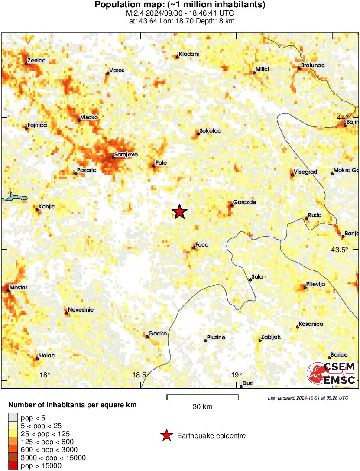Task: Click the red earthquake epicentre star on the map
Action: pos(179,212)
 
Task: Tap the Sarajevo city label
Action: pos(125,154)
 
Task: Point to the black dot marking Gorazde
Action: pos(232,205)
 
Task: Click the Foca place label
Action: pos(202,245)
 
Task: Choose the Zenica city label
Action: pos(36,61)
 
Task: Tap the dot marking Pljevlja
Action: pos(305,287)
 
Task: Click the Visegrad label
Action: pos(305,172)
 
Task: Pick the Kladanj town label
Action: pos(188,56)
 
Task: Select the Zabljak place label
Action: pos(271,338)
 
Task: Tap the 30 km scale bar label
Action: pos(202,406)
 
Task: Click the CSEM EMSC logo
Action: pos(331,374)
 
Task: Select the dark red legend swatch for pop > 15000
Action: pos(13,466)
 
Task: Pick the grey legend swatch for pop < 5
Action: pos(13,418)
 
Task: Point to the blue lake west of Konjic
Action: pos(13,198)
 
